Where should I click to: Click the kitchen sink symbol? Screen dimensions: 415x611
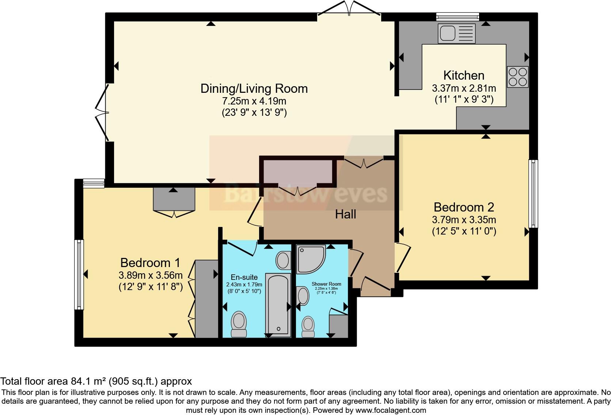[457, 34]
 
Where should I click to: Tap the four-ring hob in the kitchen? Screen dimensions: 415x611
[518, 77]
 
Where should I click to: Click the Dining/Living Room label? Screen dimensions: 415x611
[254, 88]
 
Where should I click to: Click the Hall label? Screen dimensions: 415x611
[345, 214]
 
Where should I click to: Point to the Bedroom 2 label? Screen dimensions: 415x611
[464, 207]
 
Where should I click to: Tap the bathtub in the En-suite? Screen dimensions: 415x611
[278, 304]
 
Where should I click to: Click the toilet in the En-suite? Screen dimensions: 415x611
[239, 323]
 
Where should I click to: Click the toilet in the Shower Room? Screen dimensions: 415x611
[308, 326]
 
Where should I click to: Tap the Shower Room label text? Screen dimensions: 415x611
[326, 284]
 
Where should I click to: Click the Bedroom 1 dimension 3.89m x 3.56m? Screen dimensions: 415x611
[151, 275]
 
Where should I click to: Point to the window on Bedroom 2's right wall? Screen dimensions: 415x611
[534, 194]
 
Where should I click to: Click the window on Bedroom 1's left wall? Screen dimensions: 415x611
[79, 274]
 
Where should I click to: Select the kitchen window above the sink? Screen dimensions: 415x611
[458, 16]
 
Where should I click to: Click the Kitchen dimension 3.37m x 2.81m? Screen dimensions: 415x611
[464, 88]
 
